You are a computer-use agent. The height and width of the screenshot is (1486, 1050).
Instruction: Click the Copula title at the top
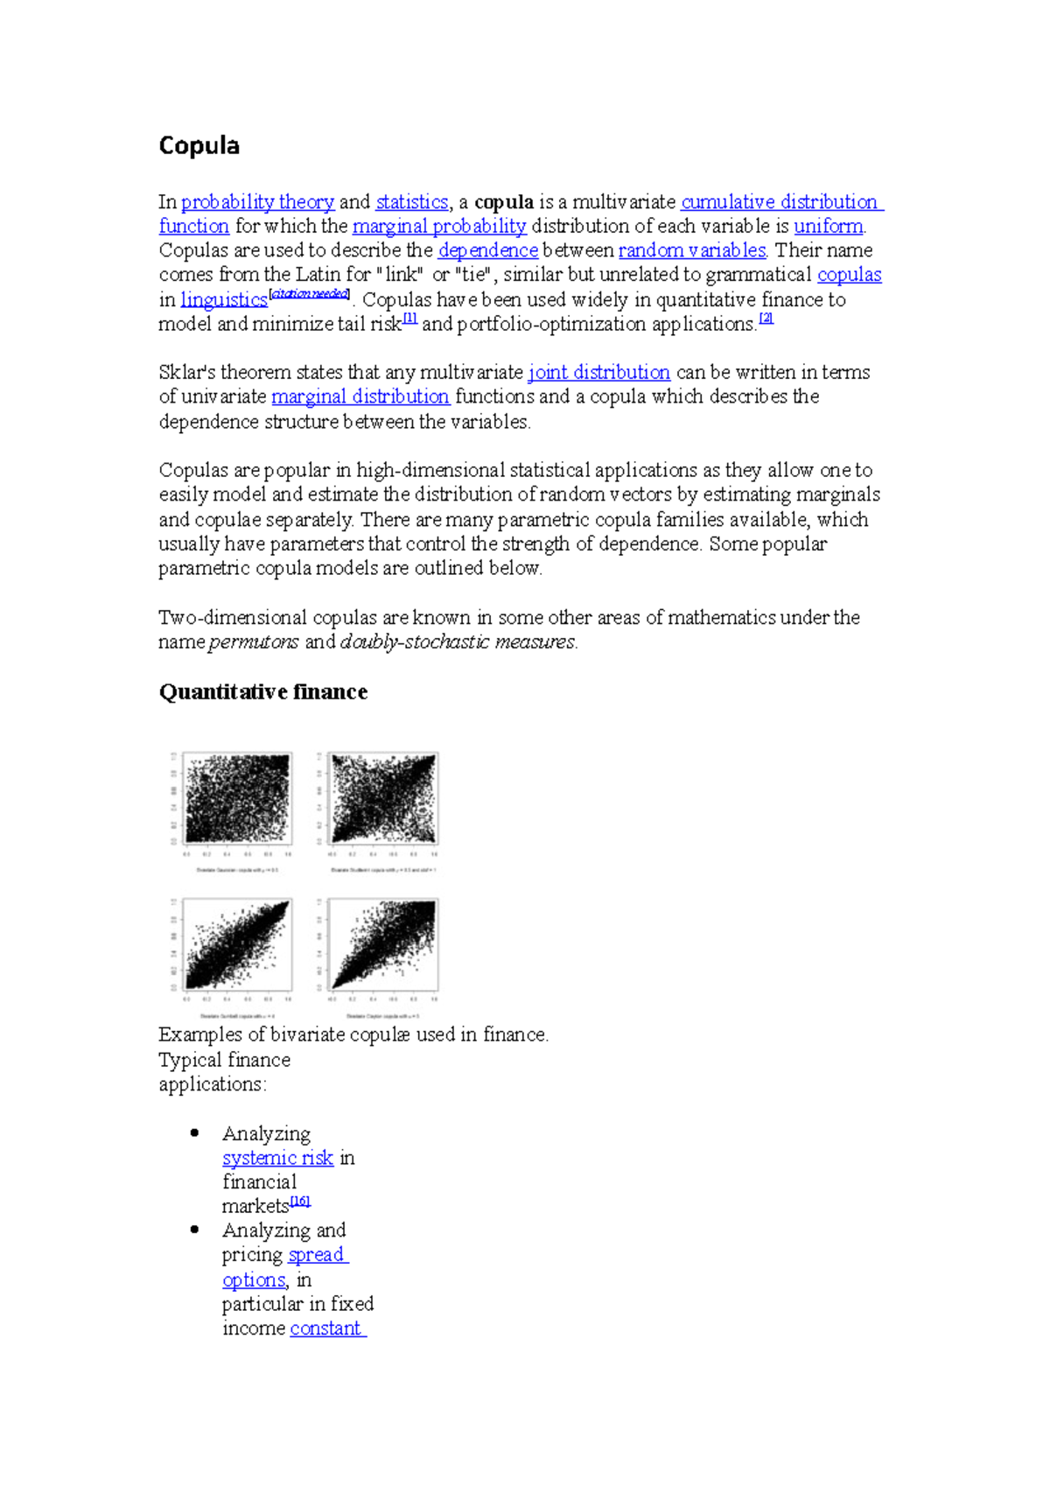199,145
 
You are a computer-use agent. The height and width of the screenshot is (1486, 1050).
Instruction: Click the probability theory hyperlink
257,202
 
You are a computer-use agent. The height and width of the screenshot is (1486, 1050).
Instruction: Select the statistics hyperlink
411,202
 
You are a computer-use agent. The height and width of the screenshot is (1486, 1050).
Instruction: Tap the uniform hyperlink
828,227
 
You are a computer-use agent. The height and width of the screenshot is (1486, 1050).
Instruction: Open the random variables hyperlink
692,251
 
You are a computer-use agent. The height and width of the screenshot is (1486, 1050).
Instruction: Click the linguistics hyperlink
223,300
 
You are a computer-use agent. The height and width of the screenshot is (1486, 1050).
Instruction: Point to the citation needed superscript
310,294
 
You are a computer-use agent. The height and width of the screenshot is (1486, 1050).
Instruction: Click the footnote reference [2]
766,319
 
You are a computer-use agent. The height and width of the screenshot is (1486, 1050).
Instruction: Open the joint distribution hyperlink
598,373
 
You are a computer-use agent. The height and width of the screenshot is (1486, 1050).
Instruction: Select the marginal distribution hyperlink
360,397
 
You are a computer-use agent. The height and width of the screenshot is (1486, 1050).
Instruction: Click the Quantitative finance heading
262,692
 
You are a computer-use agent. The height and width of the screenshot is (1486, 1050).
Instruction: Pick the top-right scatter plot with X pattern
383,798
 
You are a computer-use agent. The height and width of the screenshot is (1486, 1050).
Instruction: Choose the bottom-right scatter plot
383,945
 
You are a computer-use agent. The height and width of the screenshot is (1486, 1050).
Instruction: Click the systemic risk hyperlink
277,1159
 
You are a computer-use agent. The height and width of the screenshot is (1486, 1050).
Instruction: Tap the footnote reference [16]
300,1202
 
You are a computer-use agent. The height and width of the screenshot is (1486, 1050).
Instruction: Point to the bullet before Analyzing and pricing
194,1230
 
